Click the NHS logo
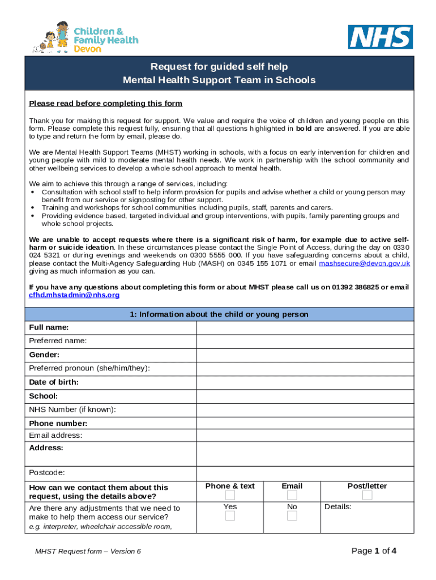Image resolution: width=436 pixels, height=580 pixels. (x=380, y=37)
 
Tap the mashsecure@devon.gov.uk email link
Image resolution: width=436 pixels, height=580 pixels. (x=365, y=263)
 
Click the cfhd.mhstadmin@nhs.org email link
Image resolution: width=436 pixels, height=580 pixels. (x=74, y=295)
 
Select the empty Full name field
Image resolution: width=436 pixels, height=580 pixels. (x=305, y=328)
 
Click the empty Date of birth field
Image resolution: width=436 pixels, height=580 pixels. (x=305, y=382)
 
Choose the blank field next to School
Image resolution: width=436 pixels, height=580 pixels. (x=305, y=396)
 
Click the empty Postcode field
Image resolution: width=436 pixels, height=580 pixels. (x=305, y=473)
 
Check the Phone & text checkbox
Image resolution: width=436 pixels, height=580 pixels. (x=230, y=496)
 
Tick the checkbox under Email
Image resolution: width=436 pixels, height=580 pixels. (x=292, y=496)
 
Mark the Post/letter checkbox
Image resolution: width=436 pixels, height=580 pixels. (x=367, y=496)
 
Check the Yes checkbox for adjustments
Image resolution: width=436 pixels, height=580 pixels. (x=230, y=516)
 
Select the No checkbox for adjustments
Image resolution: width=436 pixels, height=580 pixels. (x=292, y=516)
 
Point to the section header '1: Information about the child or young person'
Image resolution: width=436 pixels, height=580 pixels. (x=219, y=314)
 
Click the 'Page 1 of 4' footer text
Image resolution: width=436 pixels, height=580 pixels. (x=374, y=551)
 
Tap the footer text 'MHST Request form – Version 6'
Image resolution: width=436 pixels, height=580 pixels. (x=88, y=551)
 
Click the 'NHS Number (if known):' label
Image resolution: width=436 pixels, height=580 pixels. (x=72, y=410)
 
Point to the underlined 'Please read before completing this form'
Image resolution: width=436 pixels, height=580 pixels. (x=106, y=103)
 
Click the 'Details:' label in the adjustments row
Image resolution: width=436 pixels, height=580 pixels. (x=338, y=507)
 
